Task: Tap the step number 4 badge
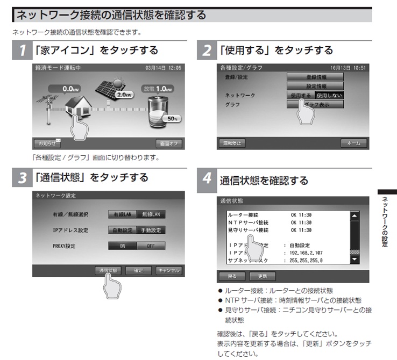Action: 206,179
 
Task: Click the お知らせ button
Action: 47,143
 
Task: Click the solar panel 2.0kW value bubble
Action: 125,94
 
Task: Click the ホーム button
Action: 354,143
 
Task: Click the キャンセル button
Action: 168,270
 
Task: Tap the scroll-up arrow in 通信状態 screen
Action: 354,215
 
